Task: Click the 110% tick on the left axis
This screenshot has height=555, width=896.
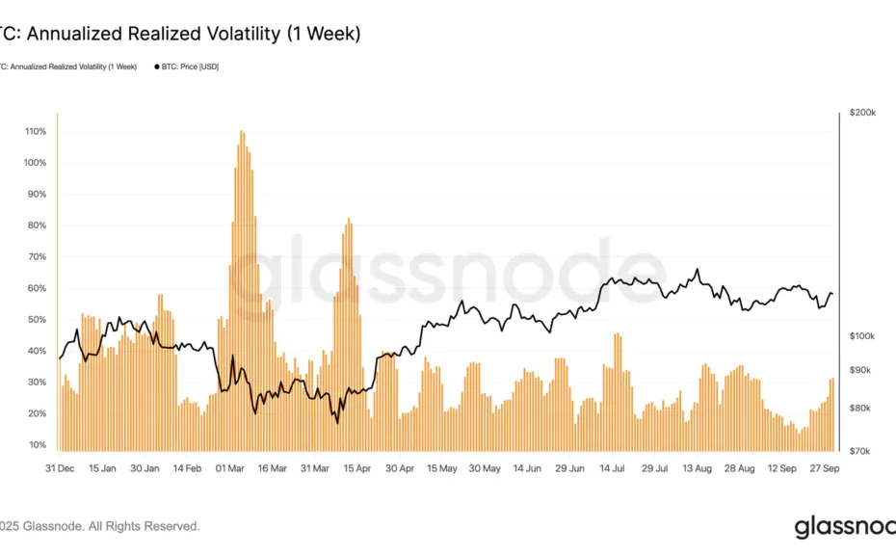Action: (x=35, y=131)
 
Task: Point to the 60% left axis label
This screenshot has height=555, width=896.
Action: (x=37, y=288)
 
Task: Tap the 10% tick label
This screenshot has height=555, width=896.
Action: (x=37, y=445)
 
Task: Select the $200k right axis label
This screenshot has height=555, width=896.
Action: (x=862, y=114)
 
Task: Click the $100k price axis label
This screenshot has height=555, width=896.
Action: (x=862, y=336)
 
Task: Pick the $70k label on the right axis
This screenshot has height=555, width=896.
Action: (x=860, y=451)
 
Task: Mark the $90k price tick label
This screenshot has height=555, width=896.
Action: (x=860, y=370)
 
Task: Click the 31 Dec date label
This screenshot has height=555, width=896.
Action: (x=60, y=468)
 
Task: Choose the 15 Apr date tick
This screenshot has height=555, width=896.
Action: (x=358, y=468)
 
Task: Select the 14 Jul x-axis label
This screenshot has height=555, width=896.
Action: (x=614, y=468)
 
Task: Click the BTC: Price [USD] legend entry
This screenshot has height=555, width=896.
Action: (x=190, y=66)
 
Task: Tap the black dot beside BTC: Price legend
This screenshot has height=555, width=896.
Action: (x=156, y=66)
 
